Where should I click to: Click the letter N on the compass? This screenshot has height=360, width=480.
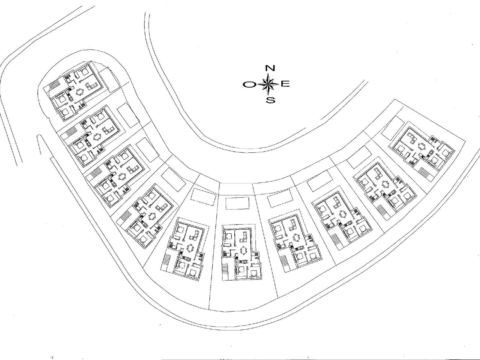coord(270,68)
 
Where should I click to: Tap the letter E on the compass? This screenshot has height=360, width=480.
coord(285,84)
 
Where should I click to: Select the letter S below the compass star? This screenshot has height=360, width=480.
coord(271,100)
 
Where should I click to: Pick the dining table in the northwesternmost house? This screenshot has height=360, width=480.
coord(79,92)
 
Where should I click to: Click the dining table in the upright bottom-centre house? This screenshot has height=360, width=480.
coord(243,250)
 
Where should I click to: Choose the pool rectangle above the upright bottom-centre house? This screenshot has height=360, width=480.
coord(238,203)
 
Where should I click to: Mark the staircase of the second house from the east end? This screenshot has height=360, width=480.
coord(383,211)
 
